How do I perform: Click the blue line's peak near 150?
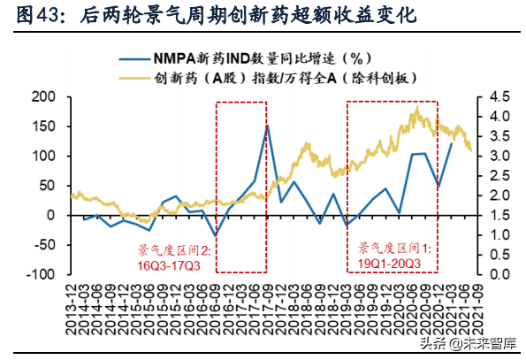[267, 126]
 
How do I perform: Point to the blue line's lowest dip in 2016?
[217, 235]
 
